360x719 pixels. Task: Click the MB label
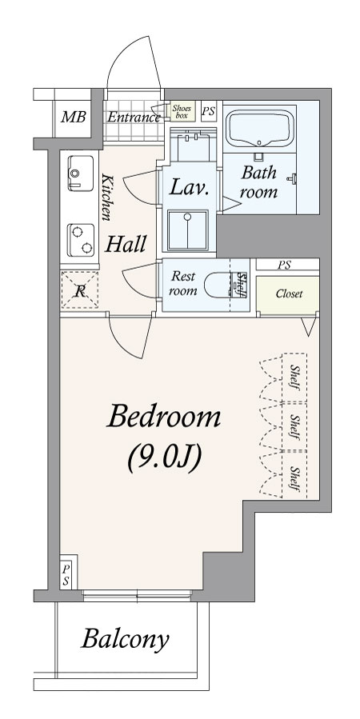[x=74, y=117]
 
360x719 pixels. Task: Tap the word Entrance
[x=134, y=118]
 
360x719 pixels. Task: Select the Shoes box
[x=182, y=112]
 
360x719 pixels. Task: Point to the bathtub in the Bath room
[x=259, y=129]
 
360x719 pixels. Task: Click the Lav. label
[x=190, y=187]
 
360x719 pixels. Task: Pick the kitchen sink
[x=81, y=174]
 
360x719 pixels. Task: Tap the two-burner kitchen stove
[x=81, y=240]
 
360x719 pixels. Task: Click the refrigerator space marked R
[x=79, y=290]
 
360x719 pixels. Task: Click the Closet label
[x=289, y=294]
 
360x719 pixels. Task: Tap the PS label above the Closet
[x=284, y=265]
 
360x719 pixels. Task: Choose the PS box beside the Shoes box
[x=209, y=111]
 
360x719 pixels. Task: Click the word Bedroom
[x=164, y=418]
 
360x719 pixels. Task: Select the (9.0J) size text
[x=165, y=458]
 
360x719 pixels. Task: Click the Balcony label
[x=125, y=639]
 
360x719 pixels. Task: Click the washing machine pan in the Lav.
[x=187, y=230]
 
